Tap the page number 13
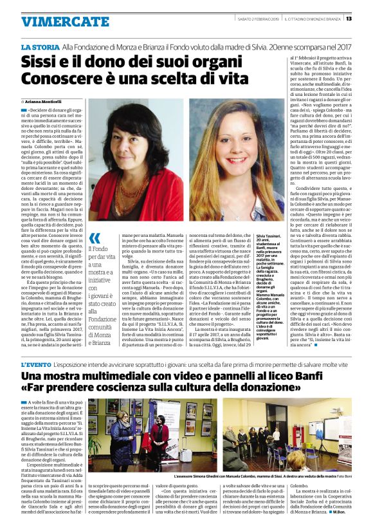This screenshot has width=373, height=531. tap(367, 18)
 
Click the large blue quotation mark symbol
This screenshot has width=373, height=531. tap(95, 239)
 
